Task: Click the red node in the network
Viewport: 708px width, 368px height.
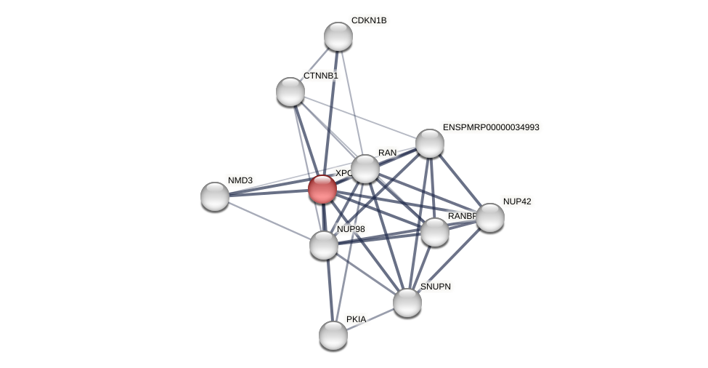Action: [x=322, y=189]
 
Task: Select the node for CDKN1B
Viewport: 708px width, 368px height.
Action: [x=338, y=36]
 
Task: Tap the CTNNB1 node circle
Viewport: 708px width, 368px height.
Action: [x=290, y=92]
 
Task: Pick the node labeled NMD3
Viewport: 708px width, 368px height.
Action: [x=215, y=196]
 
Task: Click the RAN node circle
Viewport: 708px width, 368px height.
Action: [x=365, y=169]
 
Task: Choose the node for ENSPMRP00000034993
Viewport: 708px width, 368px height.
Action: [x=429, y=143]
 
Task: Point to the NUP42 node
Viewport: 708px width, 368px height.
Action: [x=490, y=217]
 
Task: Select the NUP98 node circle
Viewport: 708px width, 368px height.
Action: [x=324, y=245]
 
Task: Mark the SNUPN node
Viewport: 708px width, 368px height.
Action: [x=407, y=303]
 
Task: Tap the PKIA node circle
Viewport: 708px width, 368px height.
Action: [x=333, y=335]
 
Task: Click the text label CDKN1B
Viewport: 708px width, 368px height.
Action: [x=369, y=20]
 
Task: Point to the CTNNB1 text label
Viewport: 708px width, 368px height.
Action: [x=320, y=76]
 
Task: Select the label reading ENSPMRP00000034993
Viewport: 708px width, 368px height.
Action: [x=491, y=127]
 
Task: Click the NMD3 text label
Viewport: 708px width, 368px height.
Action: [x=240, y=180]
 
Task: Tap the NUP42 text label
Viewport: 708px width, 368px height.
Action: [x=517, y=201]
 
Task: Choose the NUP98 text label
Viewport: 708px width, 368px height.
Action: [x=351, y=229]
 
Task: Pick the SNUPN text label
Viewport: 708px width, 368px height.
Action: [x=436, y=287]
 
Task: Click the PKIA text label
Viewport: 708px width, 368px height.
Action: [x=356, y=319]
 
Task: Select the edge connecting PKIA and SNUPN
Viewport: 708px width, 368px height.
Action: [x=370, y=319]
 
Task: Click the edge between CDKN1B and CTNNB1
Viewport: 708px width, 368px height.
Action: [x=314, y=64]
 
